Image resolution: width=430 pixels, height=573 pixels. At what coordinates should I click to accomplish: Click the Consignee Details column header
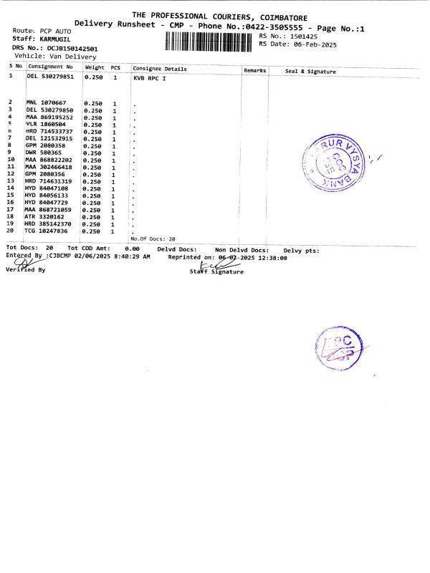point(160,69)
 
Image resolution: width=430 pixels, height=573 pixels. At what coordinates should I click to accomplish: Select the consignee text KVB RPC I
point(150,77)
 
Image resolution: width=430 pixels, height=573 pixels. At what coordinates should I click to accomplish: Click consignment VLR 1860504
point(46,124)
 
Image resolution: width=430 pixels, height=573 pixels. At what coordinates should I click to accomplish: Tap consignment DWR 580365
point(44,153)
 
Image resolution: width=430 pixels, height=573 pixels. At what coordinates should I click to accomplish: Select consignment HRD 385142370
point(49,223)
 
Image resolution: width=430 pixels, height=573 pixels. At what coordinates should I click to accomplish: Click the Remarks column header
point(255,70)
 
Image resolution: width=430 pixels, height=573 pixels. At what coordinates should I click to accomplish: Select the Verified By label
point(26,269)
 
